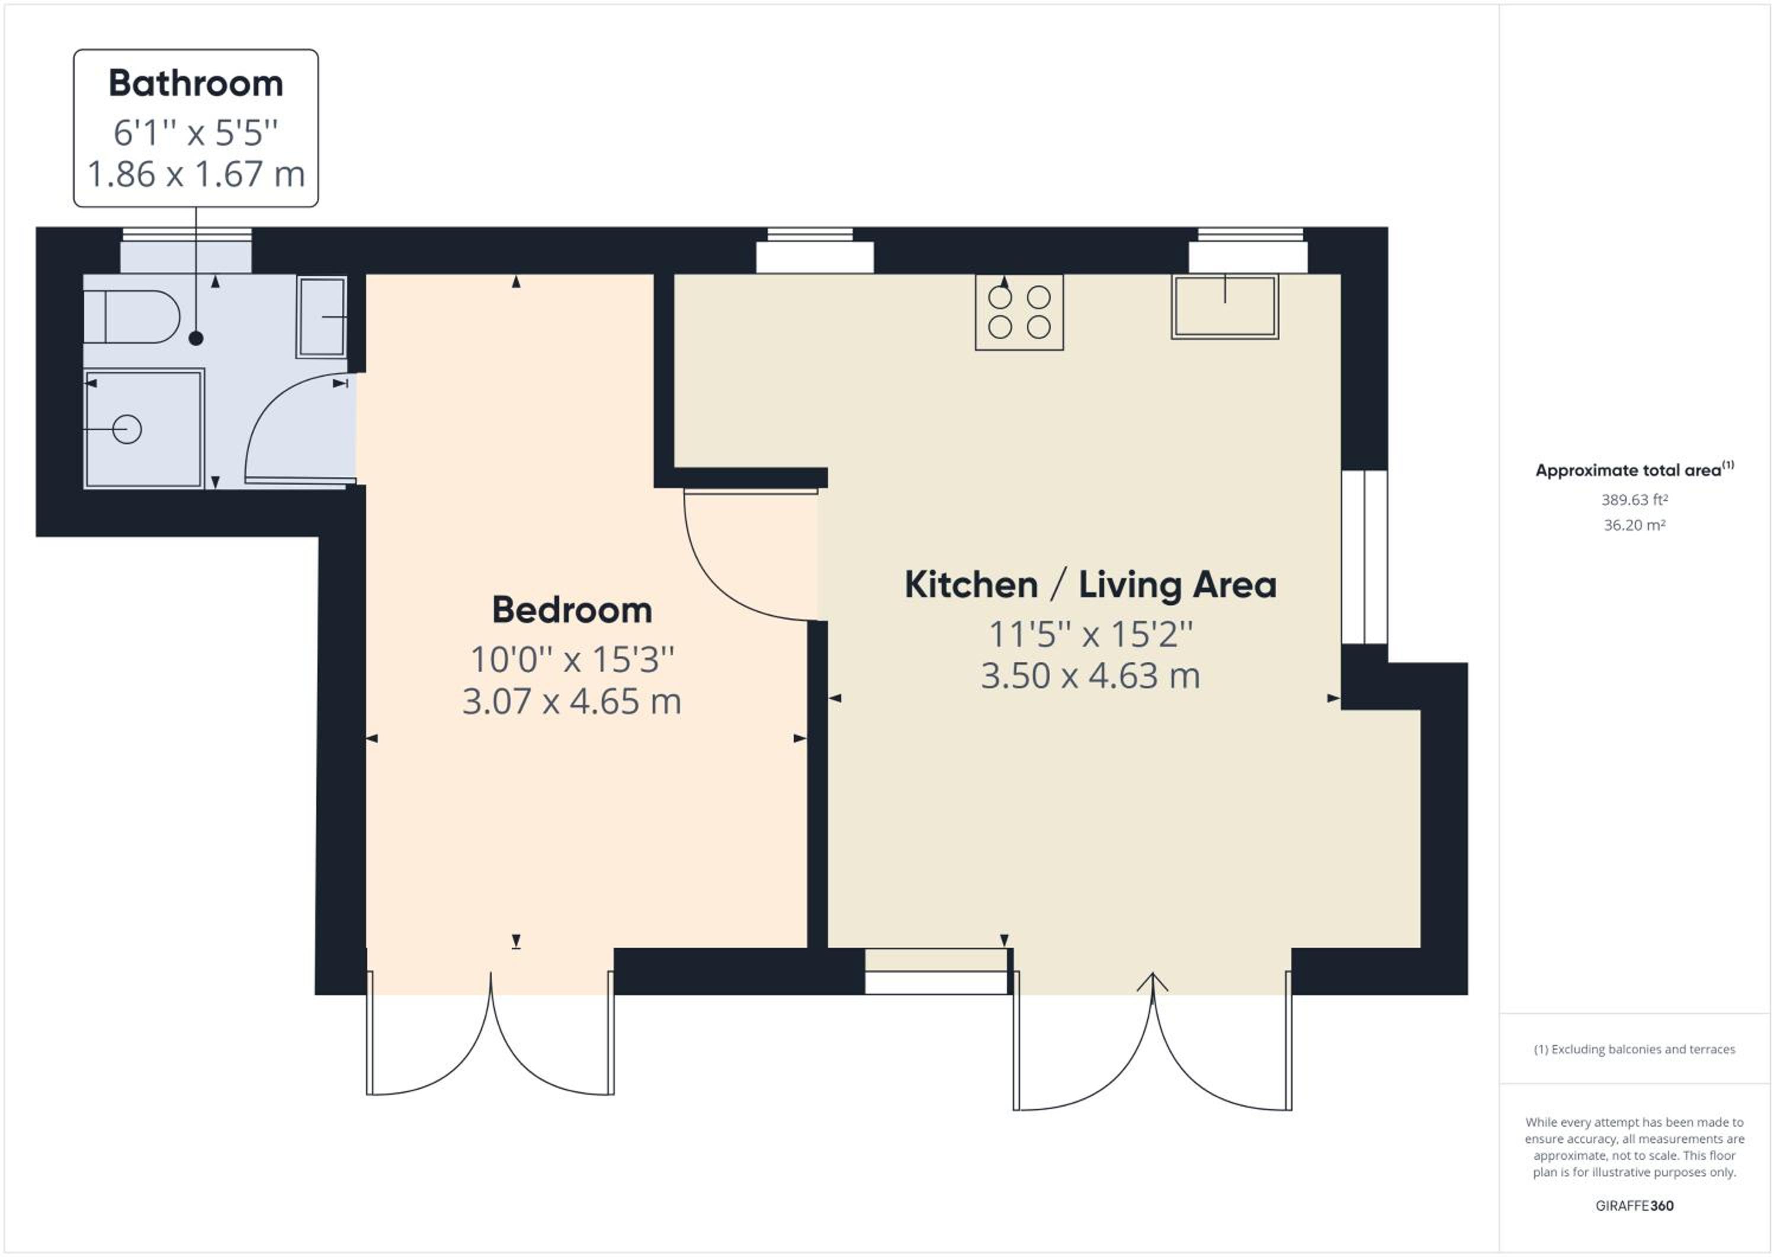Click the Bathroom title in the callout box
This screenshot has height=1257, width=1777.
tap(196, 84)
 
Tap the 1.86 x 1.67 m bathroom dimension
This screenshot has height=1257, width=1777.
tap(196, 174)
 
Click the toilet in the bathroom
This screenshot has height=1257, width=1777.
tap(131, 316)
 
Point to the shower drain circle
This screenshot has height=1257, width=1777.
tap(127, 429)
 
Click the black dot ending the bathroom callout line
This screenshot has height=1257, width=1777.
tap(196, 338)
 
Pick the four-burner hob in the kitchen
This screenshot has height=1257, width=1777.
tap(1019, 312)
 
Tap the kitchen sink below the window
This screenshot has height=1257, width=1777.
tap(1225, 306)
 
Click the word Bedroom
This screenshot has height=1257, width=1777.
tap(572, 610)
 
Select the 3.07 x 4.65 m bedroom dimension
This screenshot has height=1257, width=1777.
tap(572, 702)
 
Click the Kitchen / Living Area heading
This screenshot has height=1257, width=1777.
tap(1090, 585)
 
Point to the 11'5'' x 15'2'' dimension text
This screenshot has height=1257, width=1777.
tap(1090, 634)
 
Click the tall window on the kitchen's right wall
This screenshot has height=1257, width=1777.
tap(1365, 557)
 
